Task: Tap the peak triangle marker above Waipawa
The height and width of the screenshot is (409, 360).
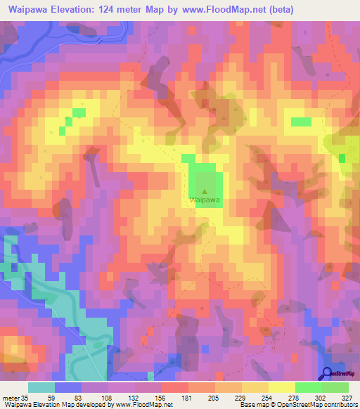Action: [x=205, y=190]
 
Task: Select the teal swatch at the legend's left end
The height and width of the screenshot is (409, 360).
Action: [x=41, y=388]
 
